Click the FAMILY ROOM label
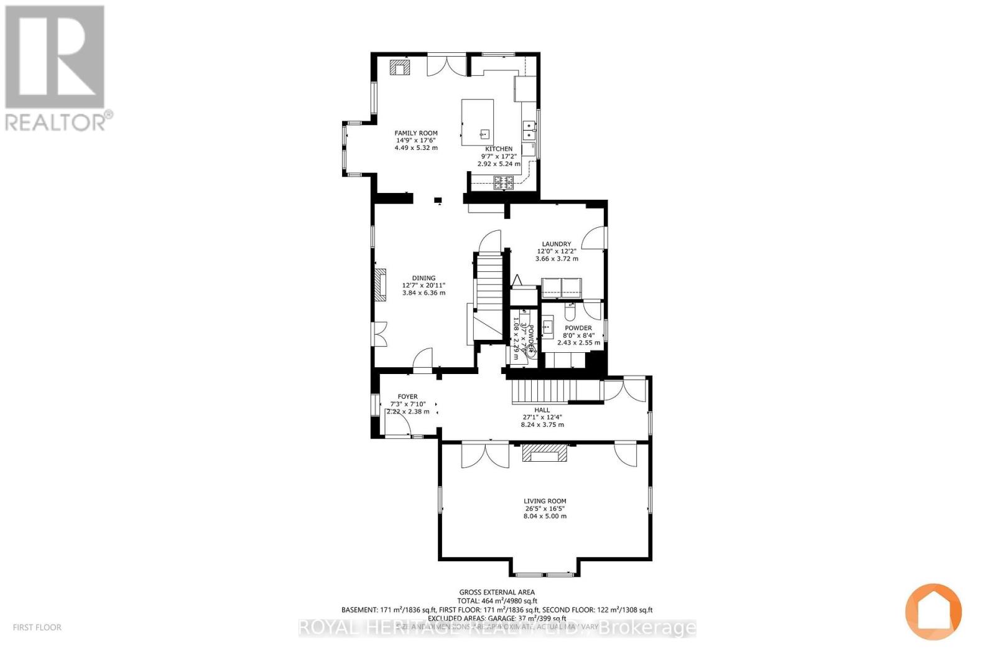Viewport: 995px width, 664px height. pos(416,133)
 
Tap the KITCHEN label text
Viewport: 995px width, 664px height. pos(499,149)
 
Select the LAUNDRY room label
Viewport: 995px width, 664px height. pos(556,245)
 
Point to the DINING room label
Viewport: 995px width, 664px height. pos(423,279)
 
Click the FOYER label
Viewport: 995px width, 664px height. pos(407,397)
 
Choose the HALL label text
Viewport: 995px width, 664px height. pos(542,411)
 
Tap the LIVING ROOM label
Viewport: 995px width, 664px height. pos(544,502)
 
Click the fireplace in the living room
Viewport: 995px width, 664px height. pos(544,454)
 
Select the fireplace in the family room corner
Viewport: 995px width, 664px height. pos(399,67)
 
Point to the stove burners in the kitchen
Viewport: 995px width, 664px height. pos(504,182)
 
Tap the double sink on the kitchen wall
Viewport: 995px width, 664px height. pos(529,129)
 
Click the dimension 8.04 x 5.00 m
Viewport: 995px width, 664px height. pos(544,517)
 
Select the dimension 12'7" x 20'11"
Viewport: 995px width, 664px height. pos(423,286)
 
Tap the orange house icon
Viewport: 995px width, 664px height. pos(933,612)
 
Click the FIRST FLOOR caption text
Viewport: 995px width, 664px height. pos(37,627)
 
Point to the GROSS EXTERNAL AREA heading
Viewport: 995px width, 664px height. pos(497,592)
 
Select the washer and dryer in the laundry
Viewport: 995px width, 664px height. pos(562,288)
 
